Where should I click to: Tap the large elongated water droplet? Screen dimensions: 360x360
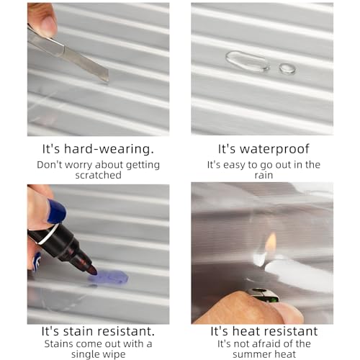point(247,61)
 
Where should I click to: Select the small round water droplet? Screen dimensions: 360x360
point(287,68)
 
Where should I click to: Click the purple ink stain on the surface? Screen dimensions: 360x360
point(109,277)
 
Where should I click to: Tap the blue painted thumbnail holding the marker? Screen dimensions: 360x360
point(57,211)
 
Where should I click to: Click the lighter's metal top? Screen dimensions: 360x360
point(264,295)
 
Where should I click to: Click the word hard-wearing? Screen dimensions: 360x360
point(109,149)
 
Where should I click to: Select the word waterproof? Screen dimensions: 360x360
point(274,149)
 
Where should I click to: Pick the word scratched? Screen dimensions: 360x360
point(98,175)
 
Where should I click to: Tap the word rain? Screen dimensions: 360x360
point(264,175)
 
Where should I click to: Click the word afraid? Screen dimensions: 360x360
point(264,343)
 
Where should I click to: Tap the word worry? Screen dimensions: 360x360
point(78,165)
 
